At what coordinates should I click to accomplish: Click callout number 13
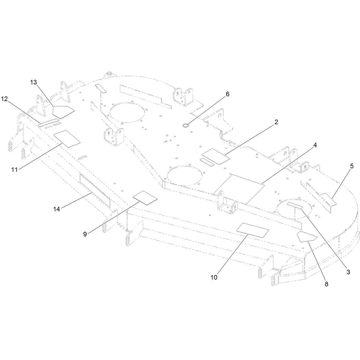(x=34, y=82)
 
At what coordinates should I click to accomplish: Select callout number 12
(x=5, y=99)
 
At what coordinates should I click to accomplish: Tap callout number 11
(x=14, y=170)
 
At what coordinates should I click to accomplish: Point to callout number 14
(x=57, y=209)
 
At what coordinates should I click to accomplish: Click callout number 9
(x=85, y=234)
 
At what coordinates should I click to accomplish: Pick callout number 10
(x=214, y=277)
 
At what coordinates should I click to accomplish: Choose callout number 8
(x=326, y=284)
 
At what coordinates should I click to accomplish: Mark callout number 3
(x=348, y=272)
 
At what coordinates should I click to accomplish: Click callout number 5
(x=352, y=166)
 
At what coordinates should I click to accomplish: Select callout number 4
(x=315, y=145)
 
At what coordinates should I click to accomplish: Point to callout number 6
(x=228, y=94)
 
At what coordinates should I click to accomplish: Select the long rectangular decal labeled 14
(x=95, y=190)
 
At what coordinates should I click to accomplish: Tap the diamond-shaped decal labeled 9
(x=145, y=198)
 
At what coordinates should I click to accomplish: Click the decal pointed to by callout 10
(x=253, y=230)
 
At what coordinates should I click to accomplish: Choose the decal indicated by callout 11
(x=67, y=139)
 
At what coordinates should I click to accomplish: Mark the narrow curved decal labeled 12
(x=48, y=122)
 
